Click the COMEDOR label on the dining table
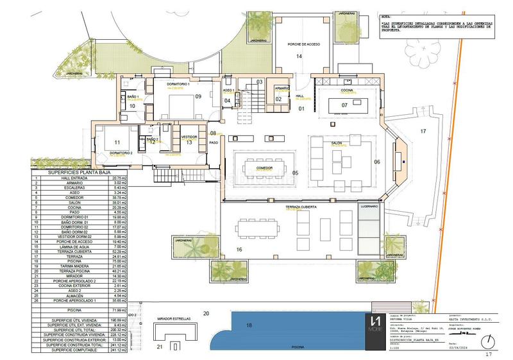265,167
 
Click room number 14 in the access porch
298,56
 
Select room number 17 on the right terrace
423,131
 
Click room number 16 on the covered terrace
238,248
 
